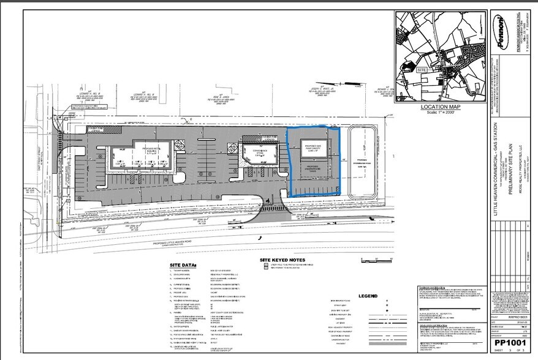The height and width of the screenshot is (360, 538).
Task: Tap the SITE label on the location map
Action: [x=421, y=70]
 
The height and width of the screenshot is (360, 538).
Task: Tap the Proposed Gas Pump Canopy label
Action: [x=311, y=146]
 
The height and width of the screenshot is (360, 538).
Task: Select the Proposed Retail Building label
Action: [x=151, y=149]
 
